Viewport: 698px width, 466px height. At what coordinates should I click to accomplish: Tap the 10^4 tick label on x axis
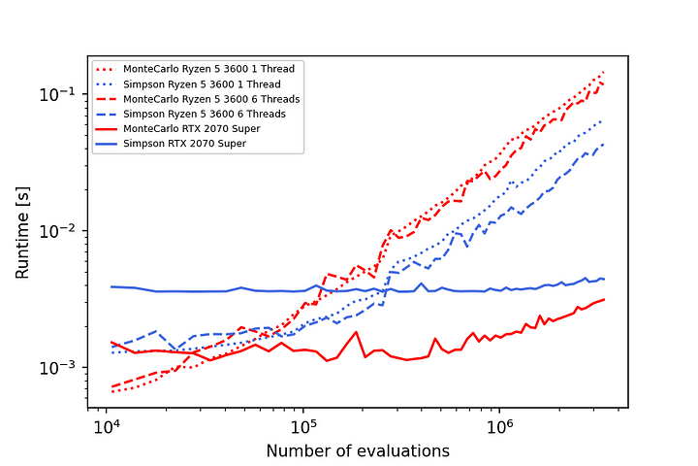tap(108, 428)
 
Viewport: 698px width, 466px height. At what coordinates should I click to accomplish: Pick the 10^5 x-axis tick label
tap(303, 428)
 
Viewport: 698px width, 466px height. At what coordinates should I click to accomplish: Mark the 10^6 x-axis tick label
tap(499, 428)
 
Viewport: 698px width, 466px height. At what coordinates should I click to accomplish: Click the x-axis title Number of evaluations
tap(358, 450)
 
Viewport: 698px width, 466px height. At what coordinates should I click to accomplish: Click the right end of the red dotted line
tap(605, 71)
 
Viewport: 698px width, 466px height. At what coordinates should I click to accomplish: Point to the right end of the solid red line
tap(605, 299)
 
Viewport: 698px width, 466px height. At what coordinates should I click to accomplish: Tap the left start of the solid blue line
tap(111, 286)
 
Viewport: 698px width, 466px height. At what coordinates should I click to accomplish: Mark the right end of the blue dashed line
tap(605, 143)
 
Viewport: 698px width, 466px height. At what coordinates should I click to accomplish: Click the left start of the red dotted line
tap(111, 391)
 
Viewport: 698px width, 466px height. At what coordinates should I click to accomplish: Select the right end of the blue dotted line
tap(605, 119)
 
